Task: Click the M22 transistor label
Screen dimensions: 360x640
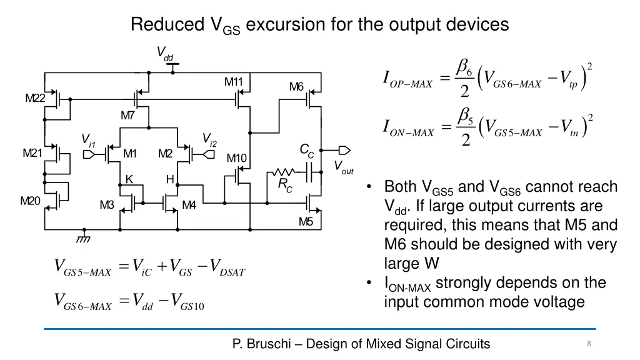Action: pyautogui.click(x=35, y=98)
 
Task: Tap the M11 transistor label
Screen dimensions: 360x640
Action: pyautogui.click(x=234, y=82)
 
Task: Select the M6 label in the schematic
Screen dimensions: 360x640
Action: pyautogui.click(x=296, y=86)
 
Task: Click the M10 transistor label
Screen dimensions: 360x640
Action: pyautogui.click(x=236, y=158)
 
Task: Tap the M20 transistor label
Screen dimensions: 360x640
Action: pyautogui.click(x=30, y=201)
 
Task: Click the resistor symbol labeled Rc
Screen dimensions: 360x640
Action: pyautogui.click(x=283, y=172)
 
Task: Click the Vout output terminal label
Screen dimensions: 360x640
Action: pyautogui.click(x=343, y=167)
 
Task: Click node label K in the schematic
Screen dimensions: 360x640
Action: pyautogui.click(x=129, y=179)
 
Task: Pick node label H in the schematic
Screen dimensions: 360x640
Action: pyautogui.click(x=169, y=179)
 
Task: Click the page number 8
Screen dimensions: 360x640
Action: pyautogui.click(x=589, y=344)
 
